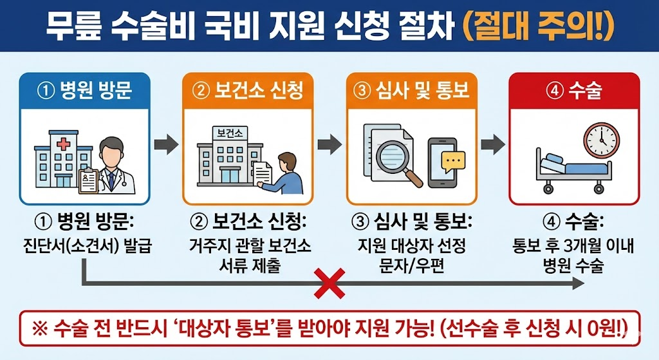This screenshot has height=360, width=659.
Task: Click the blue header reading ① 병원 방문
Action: (85, 91)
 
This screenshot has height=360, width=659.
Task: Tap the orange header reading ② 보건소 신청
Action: (248, 91)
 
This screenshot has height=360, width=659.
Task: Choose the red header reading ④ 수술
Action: (574, 91)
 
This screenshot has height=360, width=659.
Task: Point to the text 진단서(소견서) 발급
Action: (86, 246)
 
